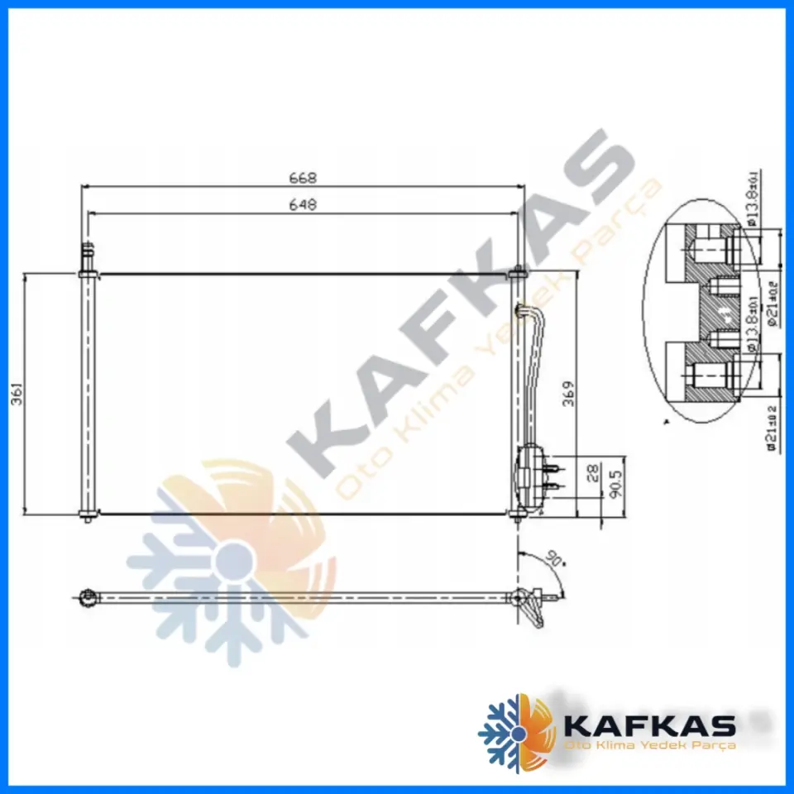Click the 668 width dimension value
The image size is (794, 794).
tap(303, 178)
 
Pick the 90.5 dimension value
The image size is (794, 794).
tap(613, 483)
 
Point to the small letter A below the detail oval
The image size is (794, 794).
tap(667, 423)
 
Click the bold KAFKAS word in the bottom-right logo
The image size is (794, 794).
tap(648, 726)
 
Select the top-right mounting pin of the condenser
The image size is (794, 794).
tap(518, 270)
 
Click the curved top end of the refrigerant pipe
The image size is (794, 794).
tap(522, 311)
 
